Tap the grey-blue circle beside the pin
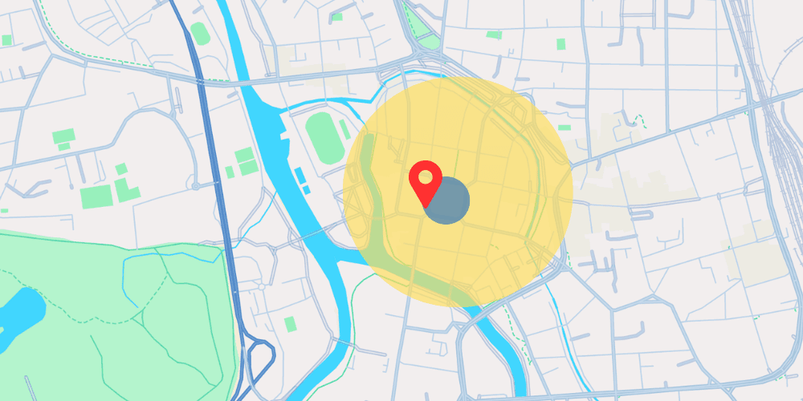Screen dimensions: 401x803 (448, 200)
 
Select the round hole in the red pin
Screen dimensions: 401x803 (424, 175)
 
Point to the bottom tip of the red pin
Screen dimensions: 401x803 (424, 205)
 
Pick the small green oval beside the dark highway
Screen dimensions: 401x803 (201, 34)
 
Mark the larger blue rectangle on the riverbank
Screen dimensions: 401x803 (300, 175)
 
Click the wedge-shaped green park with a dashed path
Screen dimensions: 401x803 (422, 28)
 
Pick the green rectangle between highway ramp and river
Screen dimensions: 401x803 (290, 324)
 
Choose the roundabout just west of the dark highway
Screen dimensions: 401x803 (195, 186)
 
